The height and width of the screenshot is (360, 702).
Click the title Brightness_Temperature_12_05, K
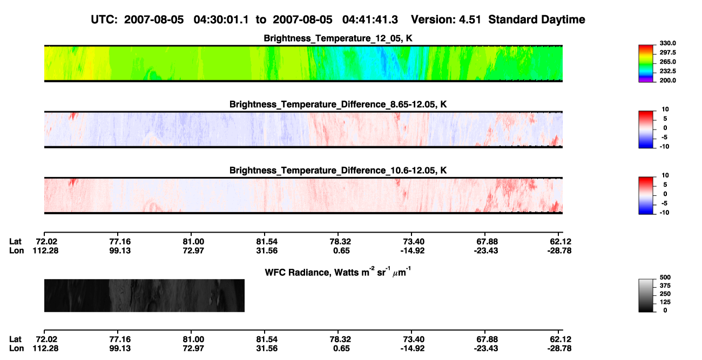pyautogui.click(x=338, y=38)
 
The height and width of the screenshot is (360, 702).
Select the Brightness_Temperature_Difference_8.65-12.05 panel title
pyautogui.click(x=338, y=104)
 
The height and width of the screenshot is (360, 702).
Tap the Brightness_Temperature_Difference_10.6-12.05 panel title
pyautogui.click(x=338, y=171)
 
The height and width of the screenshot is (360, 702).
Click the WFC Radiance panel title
pyautogui.click(x=338, y=272)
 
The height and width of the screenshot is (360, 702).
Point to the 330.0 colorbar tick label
pyautogui.click(x=667, y=43)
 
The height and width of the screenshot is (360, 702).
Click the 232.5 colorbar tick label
pyautogui.click(x=667, y=71)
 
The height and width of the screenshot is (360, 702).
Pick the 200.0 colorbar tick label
pyautogui.click(x=667, y=80)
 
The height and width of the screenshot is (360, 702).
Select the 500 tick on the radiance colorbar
pyautogui.click(x=665, y=277)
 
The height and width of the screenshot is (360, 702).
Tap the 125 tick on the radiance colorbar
pyautogui.click(x=665, y=302)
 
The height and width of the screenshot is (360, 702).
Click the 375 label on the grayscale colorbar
pyautogui.click(x=665, y=286)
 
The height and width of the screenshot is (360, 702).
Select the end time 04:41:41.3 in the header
pyautogui.click(x=370, y=20)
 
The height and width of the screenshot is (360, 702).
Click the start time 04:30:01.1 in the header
pyautogui.click(x=221, y=20)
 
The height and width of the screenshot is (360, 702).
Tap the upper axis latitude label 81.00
pyautogui.click(x=193, y=242)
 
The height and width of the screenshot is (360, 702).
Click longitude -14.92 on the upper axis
pyautogui.click(x=413, y=250)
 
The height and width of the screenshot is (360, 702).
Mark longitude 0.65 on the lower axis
pyautogui.click(x=341, y=349)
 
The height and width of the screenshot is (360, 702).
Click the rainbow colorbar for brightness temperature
pyautogui.click(x=646, y=64)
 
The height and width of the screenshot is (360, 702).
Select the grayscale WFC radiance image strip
pyautogui.click(x=144, y=295)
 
